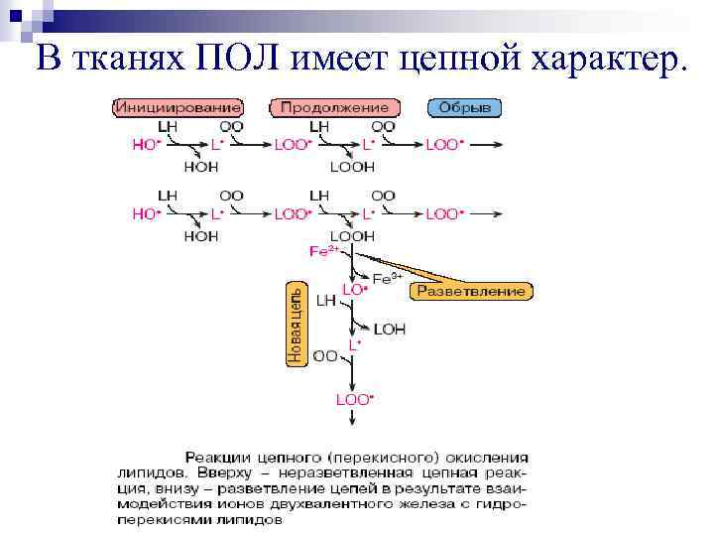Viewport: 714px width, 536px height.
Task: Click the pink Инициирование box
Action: (x=179, y=106)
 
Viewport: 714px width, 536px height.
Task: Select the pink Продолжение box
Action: (x=336, y=106)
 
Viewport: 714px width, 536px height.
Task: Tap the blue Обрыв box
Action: (x=464, y=106)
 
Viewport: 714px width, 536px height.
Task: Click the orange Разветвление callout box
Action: (x=472, y=291)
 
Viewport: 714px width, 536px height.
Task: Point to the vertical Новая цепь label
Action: (x=296, y=325)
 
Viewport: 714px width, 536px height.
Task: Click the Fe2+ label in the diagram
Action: (x=324, y=252)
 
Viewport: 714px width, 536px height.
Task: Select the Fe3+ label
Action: (x=387, y=279)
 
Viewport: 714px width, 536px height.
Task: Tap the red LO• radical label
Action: (x=355, y=289)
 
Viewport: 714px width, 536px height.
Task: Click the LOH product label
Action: (x=390, y=330)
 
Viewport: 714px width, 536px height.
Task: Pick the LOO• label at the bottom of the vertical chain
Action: (x=355, y=399)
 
